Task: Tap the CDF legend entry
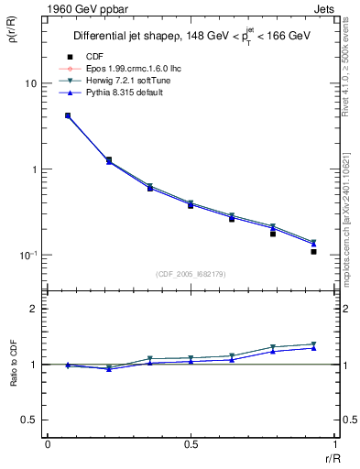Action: tap(105, 57)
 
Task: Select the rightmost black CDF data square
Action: tap(313, 251)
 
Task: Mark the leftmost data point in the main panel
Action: tap(68, 115)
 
